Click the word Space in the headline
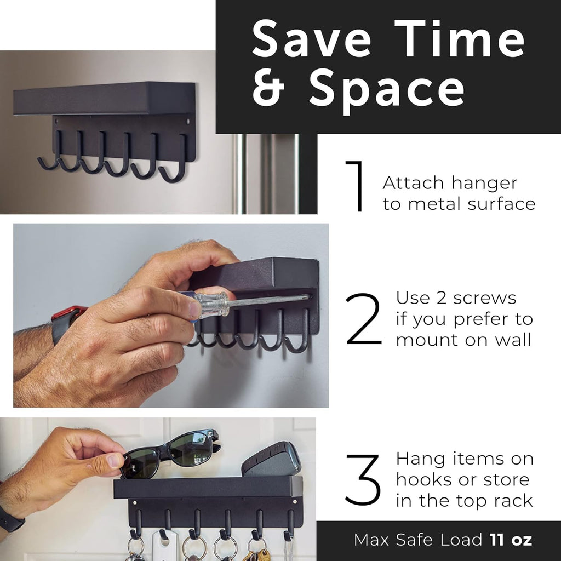pyautogui.click(x=387, y=91)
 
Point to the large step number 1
pyautogui.click(x=354, y=186)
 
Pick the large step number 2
pyautogui.click(x=363, y=319)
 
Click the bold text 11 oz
pyautogui.click(x=511, y=540)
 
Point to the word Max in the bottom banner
pyautogui.click(x=371, y=540)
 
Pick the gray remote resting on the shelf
pyautogui.click(x=272, y=460)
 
